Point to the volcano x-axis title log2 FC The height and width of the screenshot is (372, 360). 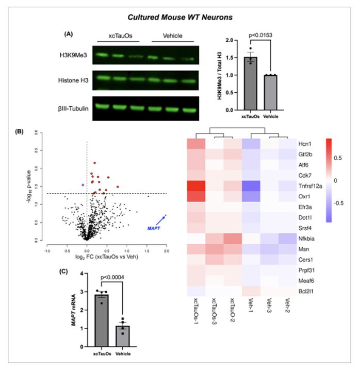click(x=106, y=259)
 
